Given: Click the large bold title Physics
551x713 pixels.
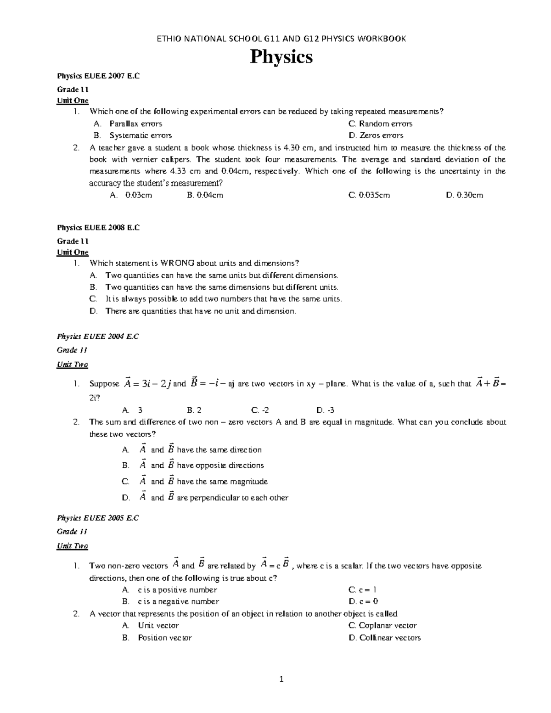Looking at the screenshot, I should tap(281, 57).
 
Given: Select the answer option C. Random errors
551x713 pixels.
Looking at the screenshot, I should tap(380, 124).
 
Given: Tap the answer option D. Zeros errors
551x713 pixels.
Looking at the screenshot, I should tap(376, 135).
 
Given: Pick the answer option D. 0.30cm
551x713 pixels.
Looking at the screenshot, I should tap(464, 195).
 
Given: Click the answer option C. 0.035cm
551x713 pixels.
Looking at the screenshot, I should tap(369, 195).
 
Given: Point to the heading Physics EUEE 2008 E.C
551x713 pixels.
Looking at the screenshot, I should tap(98, 227).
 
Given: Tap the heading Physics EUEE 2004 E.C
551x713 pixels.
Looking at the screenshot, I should tap(98, 337).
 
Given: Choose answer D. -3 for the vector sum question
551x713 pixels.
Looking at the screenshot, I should tap(325, 410).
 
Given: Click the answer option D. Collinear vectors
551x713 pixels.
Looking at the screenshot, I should tap(384, 638).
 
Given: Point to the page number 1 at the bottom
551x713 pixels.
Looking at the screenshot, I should tap(281, 679).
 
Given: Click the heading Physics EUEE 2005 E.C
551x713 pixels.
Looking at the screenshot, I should tap(98, 518).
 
